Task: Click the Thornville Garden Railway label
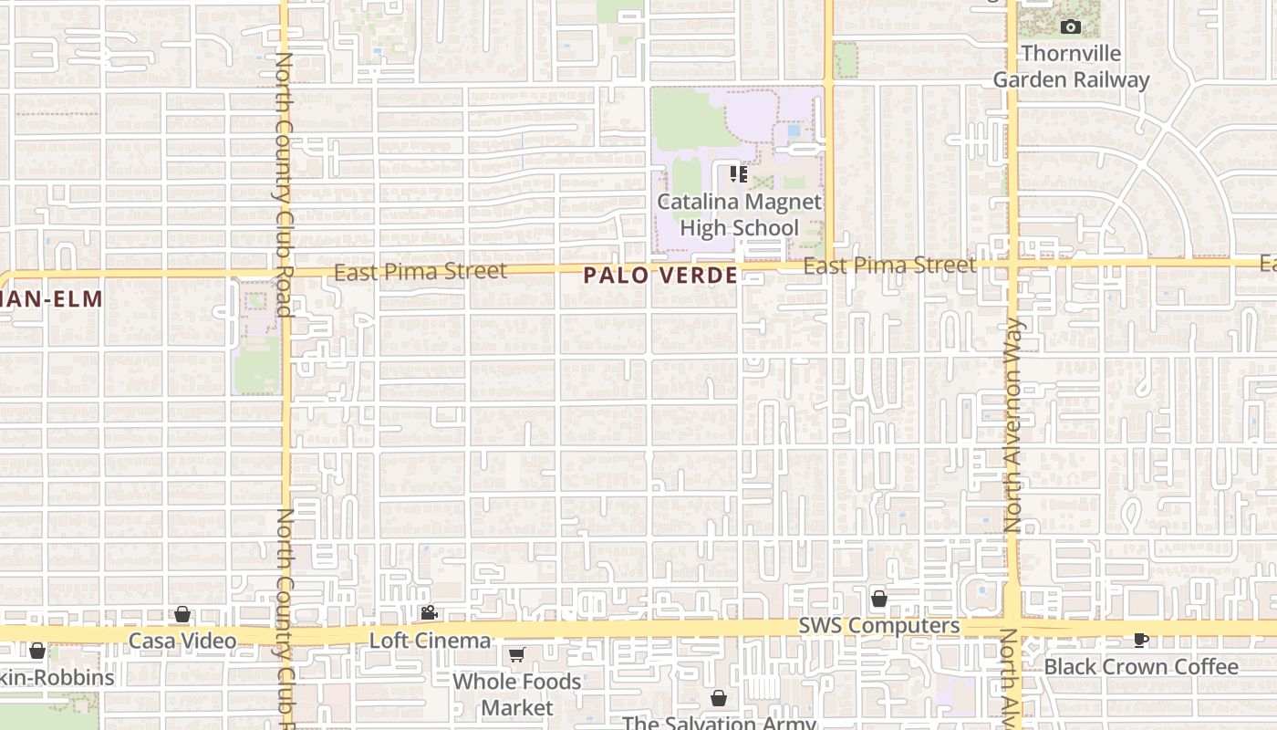pos(1071,67)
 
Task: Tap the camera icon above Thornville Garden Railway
pos(1071,27)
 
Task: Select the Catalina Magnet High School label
pos(739,214)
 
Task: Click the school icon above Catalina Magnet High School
pos(739,173)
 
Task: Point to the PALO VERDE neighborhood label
pos(660,275)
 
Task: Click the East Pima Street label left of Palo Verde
pos(420,271)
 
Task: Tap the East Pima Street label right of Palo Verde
pos(889,266)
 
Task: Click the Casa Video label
pos(182,641)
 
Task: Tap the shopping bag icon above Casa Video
pos(182,614)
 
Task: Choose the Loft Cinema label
pos(430,641)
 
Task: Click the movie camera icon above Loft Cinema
pos(429,613)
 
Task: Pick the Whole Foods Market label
pos(517,694)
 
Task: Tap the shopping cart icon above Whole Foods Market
pos(517,654)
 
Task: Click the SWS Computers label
pos(879,626)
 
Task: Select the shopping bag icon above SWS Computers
pos(879,599)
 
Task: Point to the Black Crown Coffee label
pos(1141,667)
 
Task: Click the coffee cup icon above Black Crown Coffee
pos(1141,640)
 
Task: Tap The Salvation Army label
pos(719,723)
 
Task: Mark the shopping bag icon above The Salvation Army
pos(719,698)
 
